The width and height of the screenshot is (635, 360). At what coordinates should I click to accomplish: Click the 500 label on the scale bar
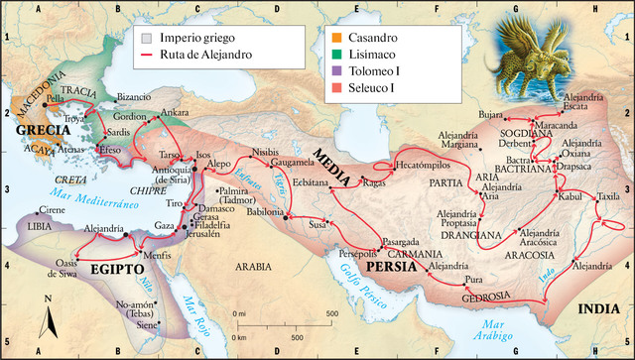click(x=329, y=313)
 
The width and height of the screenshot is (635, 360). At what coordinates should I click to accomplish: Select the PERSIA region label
click(x=390, y=266)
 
